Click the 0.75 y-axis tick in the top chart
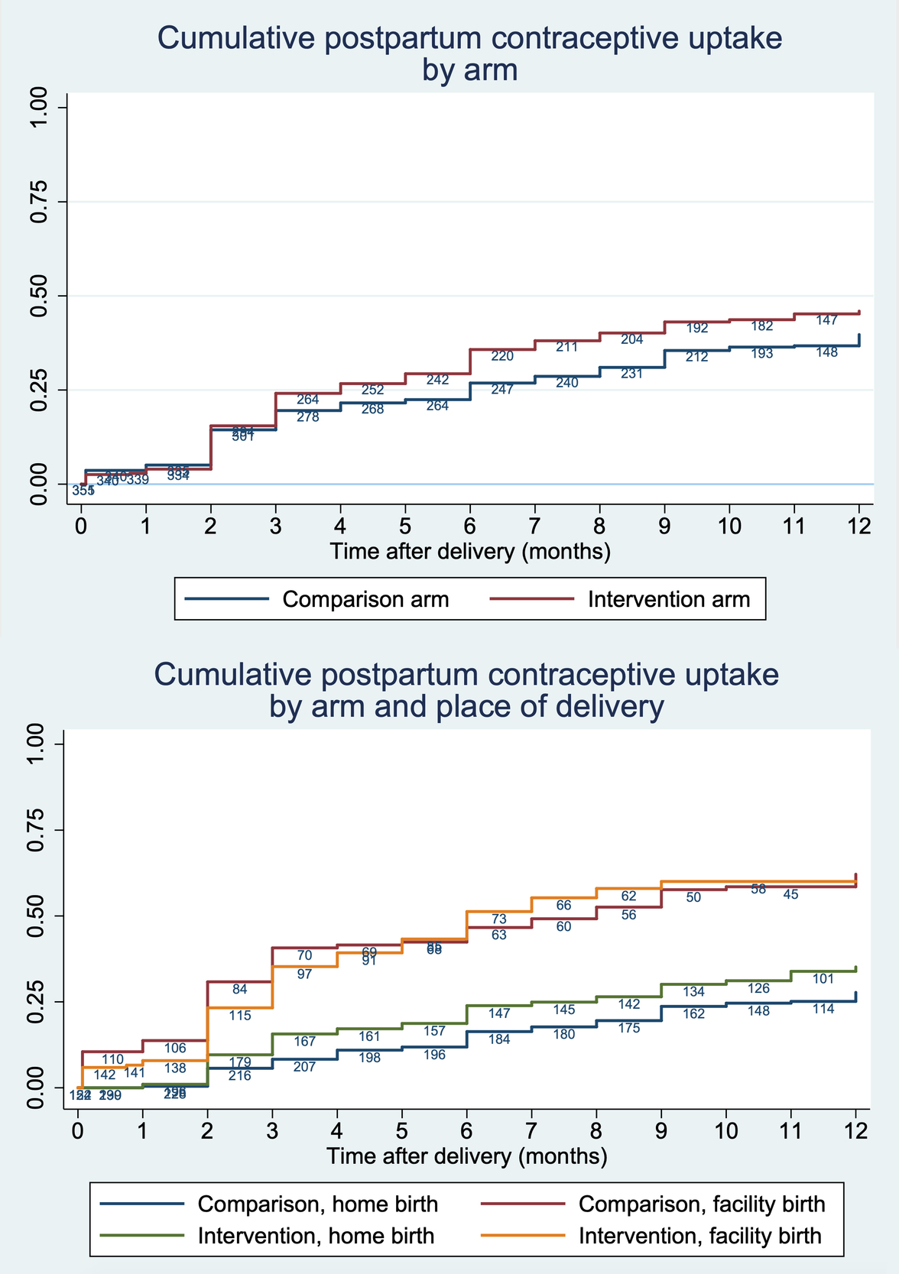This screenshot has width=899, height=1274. tap(38, 202)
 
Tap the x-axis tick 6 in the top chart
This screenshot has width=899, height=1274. tap(470, 527)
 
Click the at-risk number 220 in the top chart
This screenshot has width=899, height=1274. tap(502, 356)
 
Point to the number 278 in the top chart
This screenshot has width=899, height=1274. tap(307, 417)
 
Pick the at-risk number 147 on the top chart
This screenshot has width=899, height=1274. tap(826, 320)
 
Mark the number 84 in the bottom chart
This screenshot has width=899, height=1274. tap(239, 990)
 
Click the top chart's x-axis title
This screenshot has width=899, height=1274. tap(470, 552)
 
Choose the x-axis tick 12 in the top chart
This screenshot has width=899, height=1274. tap(859, 527)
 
